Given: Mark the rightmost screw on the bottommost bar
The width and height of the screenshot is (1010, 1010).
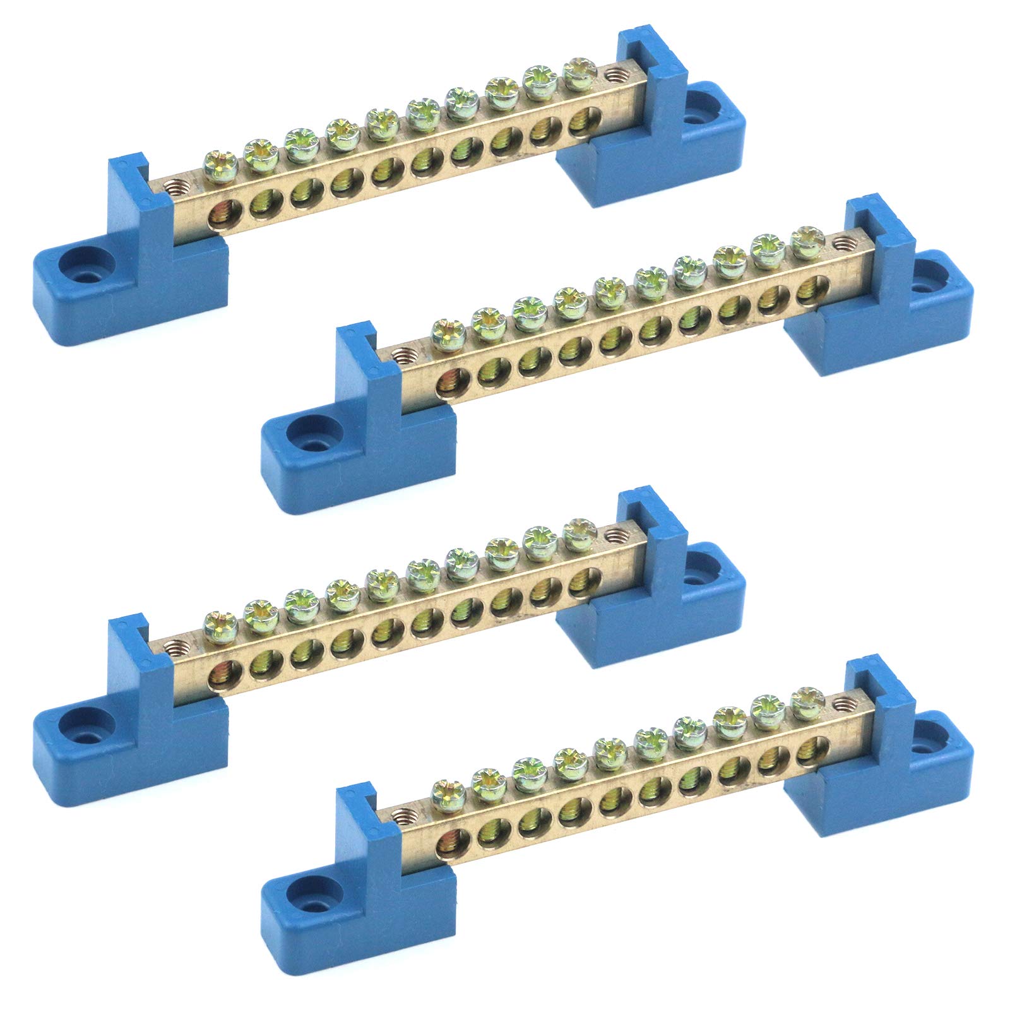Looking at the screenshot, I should (803, 698).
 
